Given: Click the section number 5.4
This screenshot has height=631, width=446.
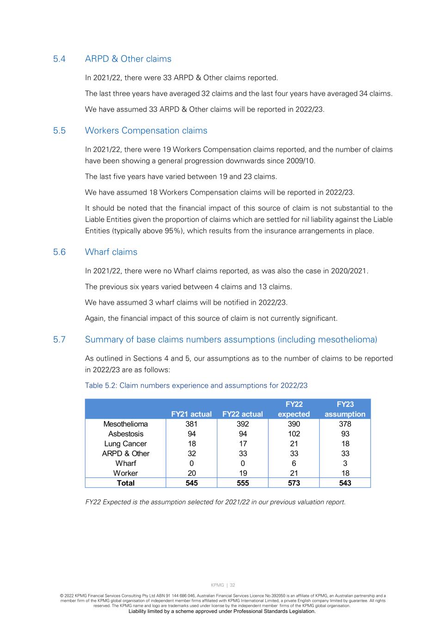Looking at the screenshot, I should pyautogui.click(x=59, y=59).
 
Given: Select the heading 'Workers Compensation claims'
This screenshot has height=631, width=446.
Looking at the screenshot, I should pyautogui.click(x=146, y=131).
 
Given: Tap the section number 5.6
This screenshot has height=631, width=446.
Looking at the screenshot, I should pyautogui.click(x=59, y=252).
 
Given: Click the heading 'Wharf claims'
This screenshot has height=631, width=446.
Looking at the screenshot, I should pyautogui.click(x=111, y=252).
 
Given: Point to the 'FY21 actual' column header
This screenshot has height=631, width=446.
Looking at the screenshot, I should pyautogui.click(x=191, y=414).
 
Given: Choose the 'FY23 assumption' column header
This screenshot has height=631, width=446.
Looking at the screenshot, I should pyautogui.click(x=345, y=409).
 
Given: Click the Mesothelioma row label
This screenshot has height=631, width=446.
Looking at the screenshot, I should pyautogui.click(x=125, y=424).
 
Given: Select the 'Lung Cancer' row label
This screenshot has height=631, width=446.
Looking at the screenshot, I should pyautogui.click(x=125, y=444).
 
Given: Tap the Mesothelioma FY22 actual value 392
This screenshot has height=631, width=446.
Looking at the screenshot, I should pyautogui.click(x=243, y=424).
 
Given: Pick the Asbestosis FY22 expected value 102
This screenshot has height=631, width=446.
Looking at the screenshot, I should pyautogui.click(x=294, y=434).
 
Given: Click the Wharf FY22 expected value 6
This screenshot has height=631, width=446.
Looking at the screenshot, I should pyautogui.click(x=294, y=463).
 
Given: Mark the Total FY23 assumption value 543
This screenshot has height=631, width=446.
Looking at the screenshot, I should pyautogui.click(x=345, y=483).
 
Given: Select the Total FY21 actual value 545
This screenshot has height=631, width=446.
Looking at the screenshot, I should pyautogui.click(x=191, y=483).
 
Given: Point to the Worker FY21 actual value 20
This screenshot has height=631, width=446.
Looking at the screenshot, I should pyautogui.click(x=191, y=473).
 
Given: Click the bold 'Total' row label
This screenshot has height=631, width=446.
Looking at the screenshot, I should pyautogui.click(x=125, y=483).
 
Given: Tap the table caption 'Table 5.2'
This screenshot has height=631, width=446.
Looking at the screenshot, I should pyautogui.click(x=100, y=386).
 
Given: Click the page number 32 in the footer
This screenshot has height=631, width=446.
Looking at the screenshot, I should pyautogui.click(x=232, y=585).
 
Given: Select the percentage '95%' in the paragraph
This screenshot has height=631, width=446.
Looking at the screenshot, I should pyautogui.click(x=177, y=231).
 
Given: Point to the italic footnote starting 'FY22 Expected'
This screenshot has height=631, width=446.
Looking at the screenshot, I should pyautogui.click(x=215, y=502).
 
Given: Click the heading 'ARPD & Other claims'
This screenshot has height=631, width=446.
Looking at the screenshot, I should pyautogui.click(x=128, y=59).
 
